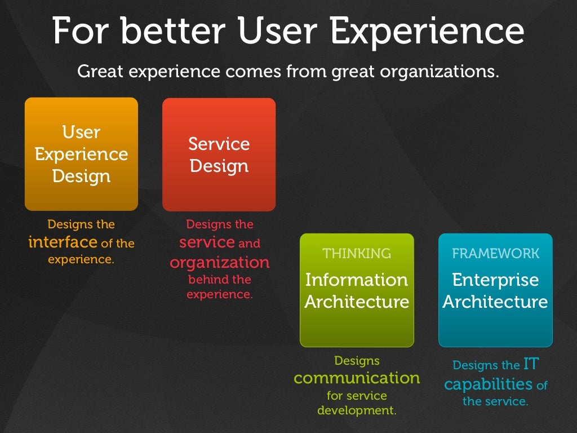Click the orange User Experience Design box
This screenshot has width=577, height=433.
81,154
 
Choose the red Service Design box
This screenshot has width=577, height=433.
219,154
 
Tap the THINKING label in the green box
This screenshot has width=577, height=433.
357,254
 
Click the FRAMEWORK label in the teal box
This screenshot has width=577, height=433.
495,254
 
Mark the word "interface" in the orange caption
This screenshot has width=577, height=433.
63,242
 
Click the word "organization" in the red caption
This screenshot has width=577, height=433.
220,263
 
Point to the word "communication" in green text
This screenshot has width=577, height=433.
357,378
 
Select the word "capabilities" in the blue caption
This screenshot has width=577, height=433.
489,385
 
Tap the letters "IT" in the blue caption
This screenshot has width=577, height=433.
531,365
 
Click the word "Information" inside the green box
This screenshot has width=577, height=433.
357,280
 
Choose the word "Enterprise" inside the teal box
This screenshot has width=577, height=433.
495,280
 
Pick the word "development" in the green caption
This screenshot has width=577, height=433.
357,410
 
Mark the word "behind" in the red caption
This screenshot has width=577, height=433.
207,280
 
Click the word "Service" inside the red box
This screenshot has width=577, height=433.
219,144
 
